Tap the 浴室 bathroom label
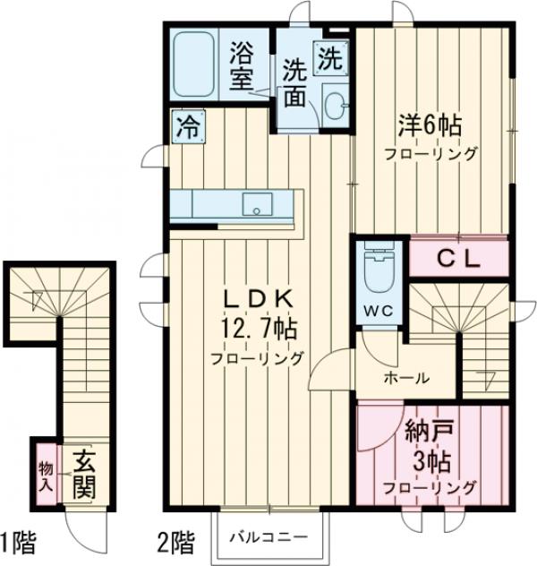pyautogui.click(x=242, y=65)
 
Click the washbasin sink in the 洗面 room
pyautogui.click(x=336, y=103)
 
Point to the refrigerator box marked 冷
pyautogui.click(x=188, y=125)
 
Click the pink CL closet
pyautogui.click(x=458, y=259)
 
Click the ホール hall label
pyautogui.click(x=405, y=377)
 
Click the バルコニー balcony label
pyautogui.click(x=268, y=536)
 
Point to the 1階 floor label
pyautogui.click(x=18, y=542)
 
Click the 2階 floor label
pyautogui.click(x=175, y=542)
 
